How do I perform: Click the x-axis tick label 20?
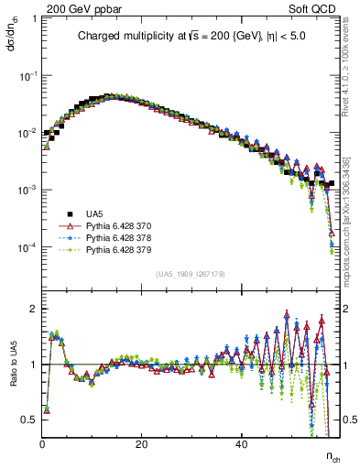pyautogui.click(x=141, y=445)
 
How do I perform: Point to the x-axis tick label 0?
pyautogui.click(x=43, y=445)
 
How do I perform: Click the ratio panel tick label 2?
pyautogui.click(x=34, y=309)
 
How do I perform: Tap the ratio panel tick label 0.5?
pyautogui.click(x=30, y=420)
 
